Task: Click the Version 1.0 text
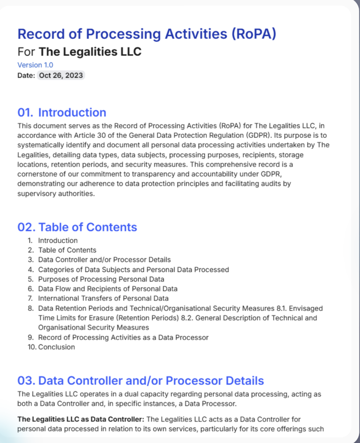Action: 35,65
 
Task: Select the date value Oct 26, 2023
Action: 61,75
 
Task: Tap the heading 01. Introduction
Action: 62,112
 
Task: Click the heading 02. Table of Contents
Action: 77,227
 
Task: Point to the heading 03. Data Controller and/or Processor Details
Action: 141,381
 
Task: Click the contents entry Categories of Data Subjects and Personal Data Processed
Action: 133,269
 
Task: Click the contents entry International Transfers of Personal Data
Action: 103,298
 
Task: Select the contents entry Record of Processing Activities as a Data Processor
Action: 123,337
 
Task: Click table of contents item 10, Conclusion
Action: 56,347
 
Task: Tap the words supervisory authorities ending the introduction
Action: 56,194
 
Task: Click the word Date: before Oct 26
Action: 26,75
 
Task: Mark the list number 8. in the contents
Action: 30,308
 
